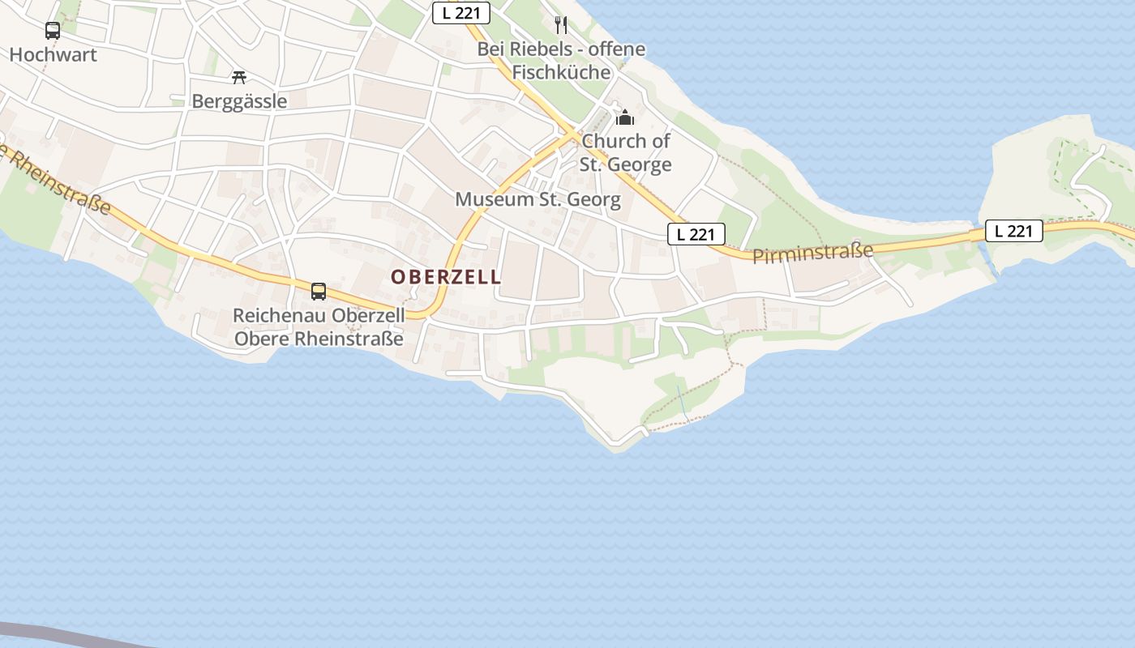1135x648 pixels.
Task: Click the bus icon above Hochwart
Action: pos(53,31)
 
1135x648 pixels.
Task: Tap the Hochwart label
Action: pos(53,55)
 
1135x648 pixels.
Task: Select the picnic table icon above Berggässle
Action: pos(238,77)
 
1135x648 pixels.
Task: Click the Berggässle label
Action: pos(239,101)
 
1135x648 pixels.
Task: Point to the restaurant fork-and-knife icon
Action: pos(560,24)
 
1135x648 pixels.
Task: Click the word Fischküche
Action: pos(561,72)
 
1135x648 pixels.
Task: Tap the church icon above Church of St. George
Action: pos(624,118)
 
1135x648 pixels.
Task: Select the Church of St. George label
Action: pos(626,152)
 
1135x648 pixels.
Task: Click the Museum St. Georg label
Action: pos(538,199)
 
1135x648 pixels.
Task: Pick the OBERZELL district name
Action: pos(446,277)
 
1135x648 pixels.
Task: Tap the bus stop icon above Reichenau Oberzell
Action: pos(319,292)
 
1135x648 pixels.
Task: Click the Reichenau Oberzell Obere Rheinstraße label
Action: pos(318,326)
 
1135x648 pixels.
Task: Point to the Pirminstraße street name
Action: pos(813,254)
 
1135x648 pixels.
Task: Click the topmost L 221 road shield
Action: pos(460,13)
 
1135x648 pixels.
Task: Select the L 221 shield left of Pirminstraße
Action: pos(696,234)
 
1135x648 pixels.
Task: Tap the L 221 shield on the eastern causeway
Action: pos(1013,231)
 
